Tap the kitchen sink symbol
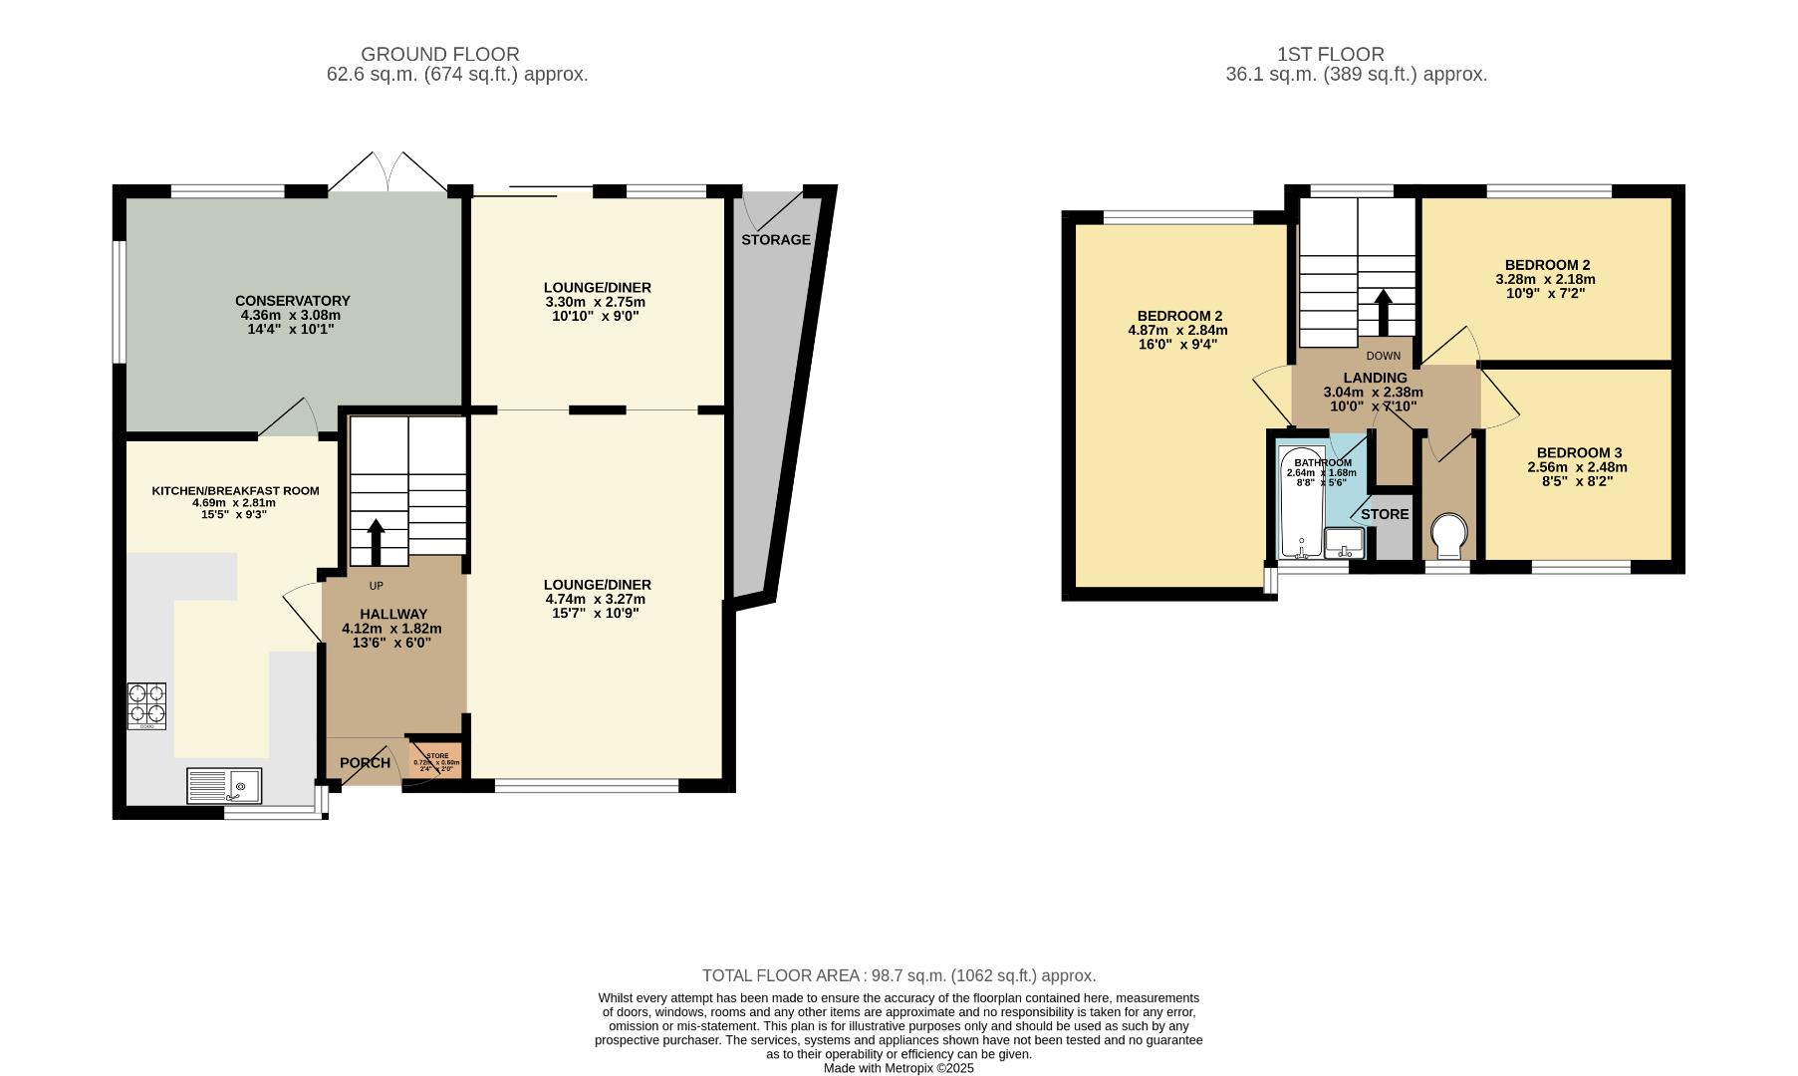coord(224,785)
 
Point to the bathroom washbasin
coord(1345,543)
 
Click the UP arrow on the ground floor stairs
coord(377,541)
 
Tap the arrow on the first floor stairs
coord(1383,312)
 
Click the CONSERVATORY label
coord(292,300)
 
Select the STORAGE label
coord(775,240)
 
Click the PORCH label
coord(365,763)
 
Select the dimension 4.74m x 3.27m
coord(596,599)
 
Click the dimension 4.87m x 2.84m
coord(1177,330)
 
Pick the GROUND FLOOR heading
coord(439,54)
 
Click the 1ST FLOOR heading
coord(1330,54)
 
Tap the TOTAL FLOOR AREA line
coord(899,975)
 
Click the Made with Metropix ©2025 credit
coord(899,1068)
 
